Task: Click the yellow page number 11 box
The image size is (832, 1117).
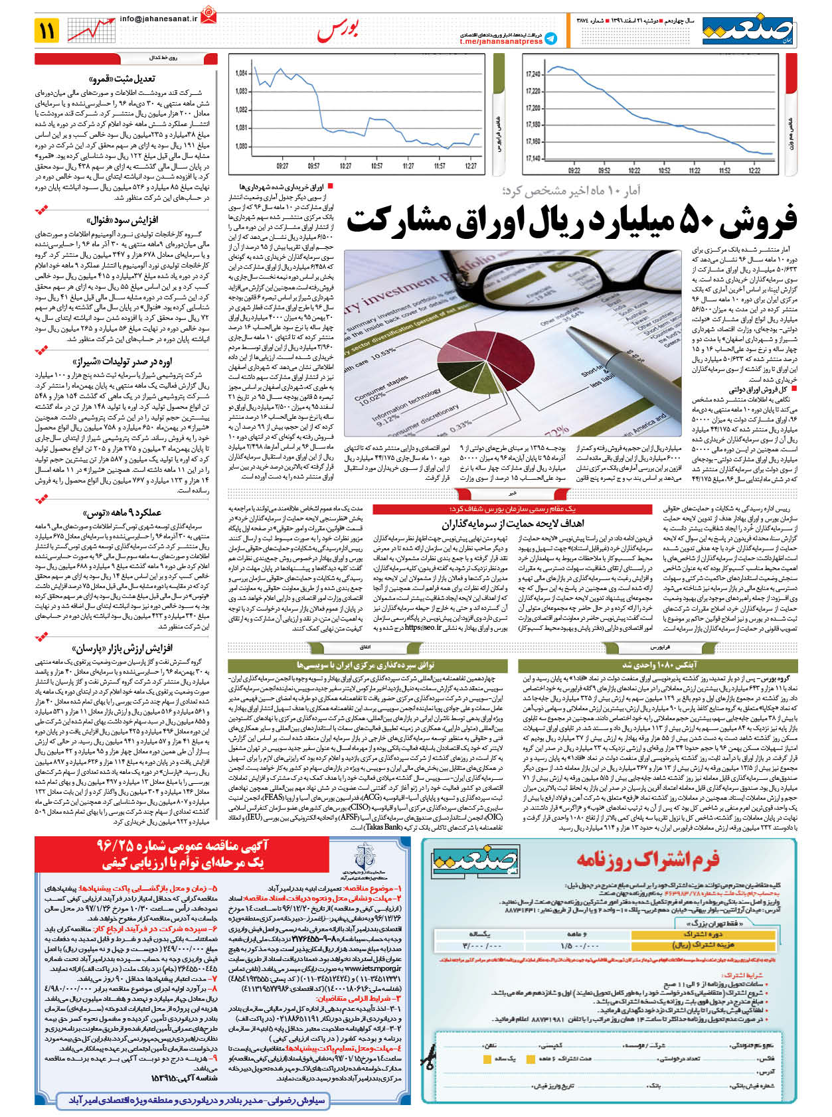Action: tap(48, 30)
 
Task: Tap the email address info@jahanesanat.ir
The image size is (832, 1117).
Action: tap(159, 19)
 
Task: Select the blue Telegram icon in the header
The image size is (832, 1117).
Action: tap(551, 38)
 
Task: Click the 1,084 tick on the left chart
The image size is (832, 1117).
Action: tap(241, 73)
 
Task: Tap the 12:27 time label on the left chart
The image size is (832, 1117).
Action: tap(470, 166)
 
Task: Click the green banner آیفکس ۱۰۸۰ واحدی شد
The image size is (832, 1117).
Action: tap(659, 664)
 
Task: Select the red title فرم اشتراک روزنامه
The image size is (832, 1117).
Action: tap(647, 860)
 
